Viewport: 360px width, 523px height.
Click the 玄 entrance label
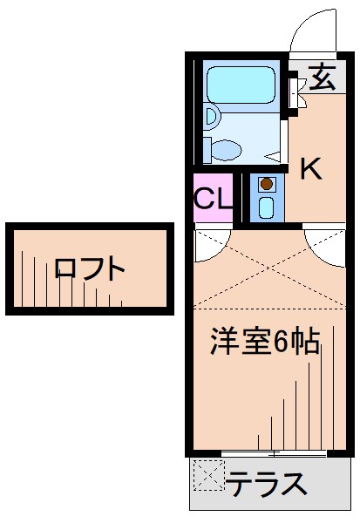321,78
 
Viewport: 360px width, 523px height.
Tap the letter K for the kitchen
311,168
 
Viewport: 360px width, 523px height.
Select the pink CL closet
213,198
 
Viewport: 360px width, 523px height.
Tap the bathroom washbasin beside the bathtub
211,115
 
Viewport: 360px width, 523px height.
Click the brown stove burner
267,184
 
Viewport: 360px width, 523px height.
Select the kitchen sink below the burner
267,207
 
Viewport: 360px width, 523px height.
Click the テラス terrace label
267,482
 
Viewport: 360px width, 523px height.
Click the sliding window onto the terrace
274,452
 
